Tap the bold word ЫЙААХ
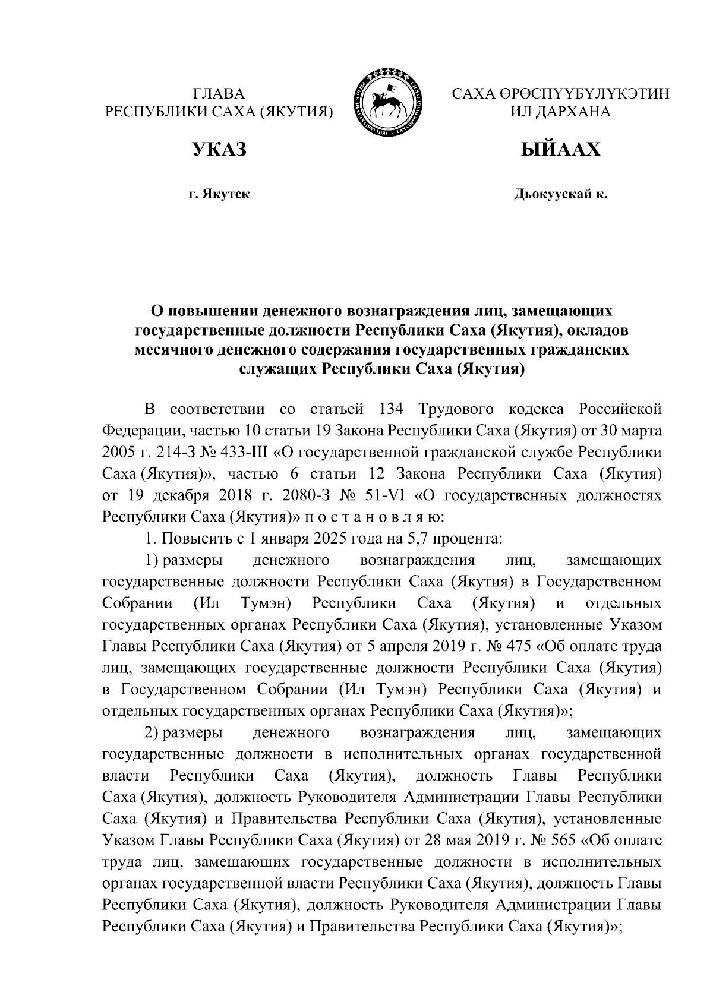560,150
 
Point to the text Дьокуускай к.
560,194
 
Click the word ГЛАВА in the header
219,93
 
